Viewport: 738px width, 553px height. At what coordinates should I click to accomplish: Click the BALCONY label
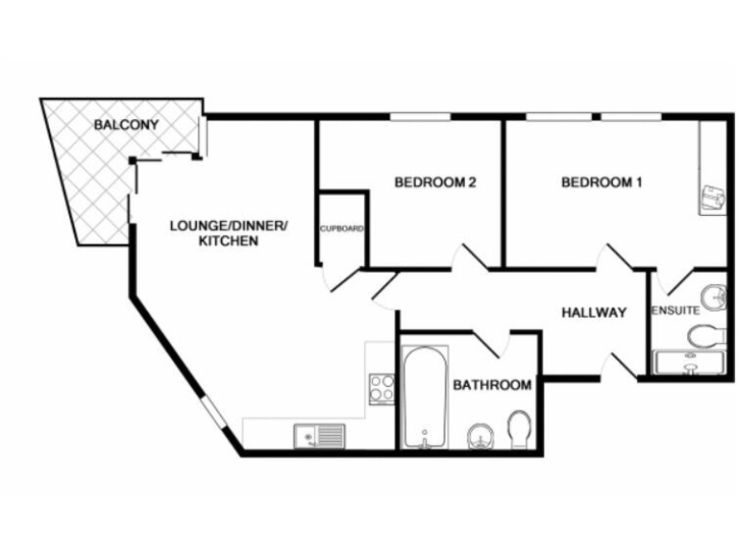126,125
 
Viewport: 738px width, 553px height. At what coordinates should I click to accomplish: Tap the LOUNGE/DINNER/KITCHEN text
228,233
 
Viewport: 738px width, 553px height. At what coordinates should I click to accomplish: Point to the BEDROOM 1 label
602,181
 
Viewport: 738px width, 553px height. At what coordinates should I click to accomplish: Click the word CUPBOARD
342,228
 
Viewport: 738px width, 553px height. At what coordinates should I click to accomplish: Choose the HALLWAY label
594,312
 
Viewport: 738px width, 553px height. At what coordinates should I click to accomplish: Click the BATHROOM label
492,385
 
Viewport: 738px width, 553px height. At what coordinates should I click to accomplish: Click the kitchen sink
319,436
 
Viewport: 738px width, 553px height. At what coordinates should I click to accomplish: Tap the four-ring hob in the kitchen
382,388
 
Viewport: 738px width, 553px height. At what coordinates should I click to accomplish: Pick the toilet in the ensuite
707,335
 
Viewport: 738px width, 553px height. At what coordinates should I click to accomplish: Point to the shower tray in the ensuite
690,362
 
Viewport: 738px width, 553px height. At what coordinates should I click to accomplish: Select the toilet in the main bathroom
520,429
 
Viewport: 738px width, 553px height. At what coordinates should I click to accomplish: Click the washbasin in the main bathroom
480,437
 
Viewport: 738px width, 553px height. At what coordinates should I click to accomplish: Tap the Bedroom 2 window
420,117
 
